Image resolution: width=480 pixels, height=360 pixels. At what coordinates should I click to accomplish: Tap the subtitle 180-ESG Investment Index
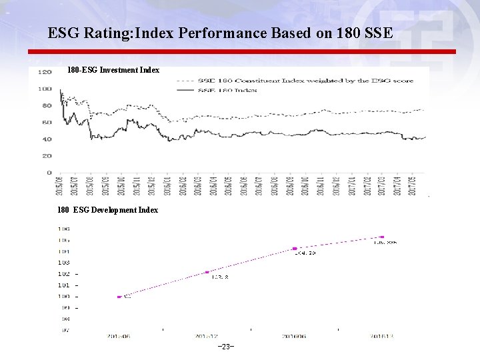point(113,69)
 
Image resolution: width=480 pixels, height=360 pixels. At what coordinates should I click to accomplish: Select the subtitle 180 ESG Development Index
point(107,210)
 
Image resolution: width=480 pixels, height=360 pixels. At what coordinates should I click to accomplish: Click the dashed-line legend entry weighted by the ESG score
point(294,81)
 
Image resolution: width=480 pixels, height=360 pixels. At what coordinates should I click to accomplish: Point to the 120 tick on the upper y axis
point(45,72)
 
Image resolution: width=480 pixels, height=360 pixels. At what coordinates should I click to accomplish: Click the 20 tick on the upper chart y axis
point(47,156)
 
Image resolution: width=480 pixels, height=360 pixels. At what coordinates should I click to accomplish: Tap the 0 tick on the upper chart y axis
point(49,173)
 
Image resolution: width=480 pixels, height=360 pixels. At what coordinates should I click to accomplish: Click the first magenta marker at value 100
point(119,297)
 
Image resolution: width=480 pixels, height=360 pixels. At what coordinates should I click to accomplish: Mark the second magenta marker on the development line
point(207,272)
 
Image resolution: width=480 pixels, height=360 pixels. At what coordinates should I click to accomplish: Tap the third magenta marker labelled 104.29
point(295,249)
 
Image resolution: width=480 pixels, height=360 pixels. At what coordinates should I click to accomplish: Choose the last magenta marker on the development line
point(382,237)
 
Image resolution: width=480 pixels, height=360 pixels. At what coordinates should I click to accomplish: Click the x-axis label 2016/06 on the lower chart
point(294,337)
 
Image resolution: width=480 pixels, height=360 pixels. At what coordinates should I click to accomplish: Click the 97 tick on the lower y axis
point(65,329)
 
